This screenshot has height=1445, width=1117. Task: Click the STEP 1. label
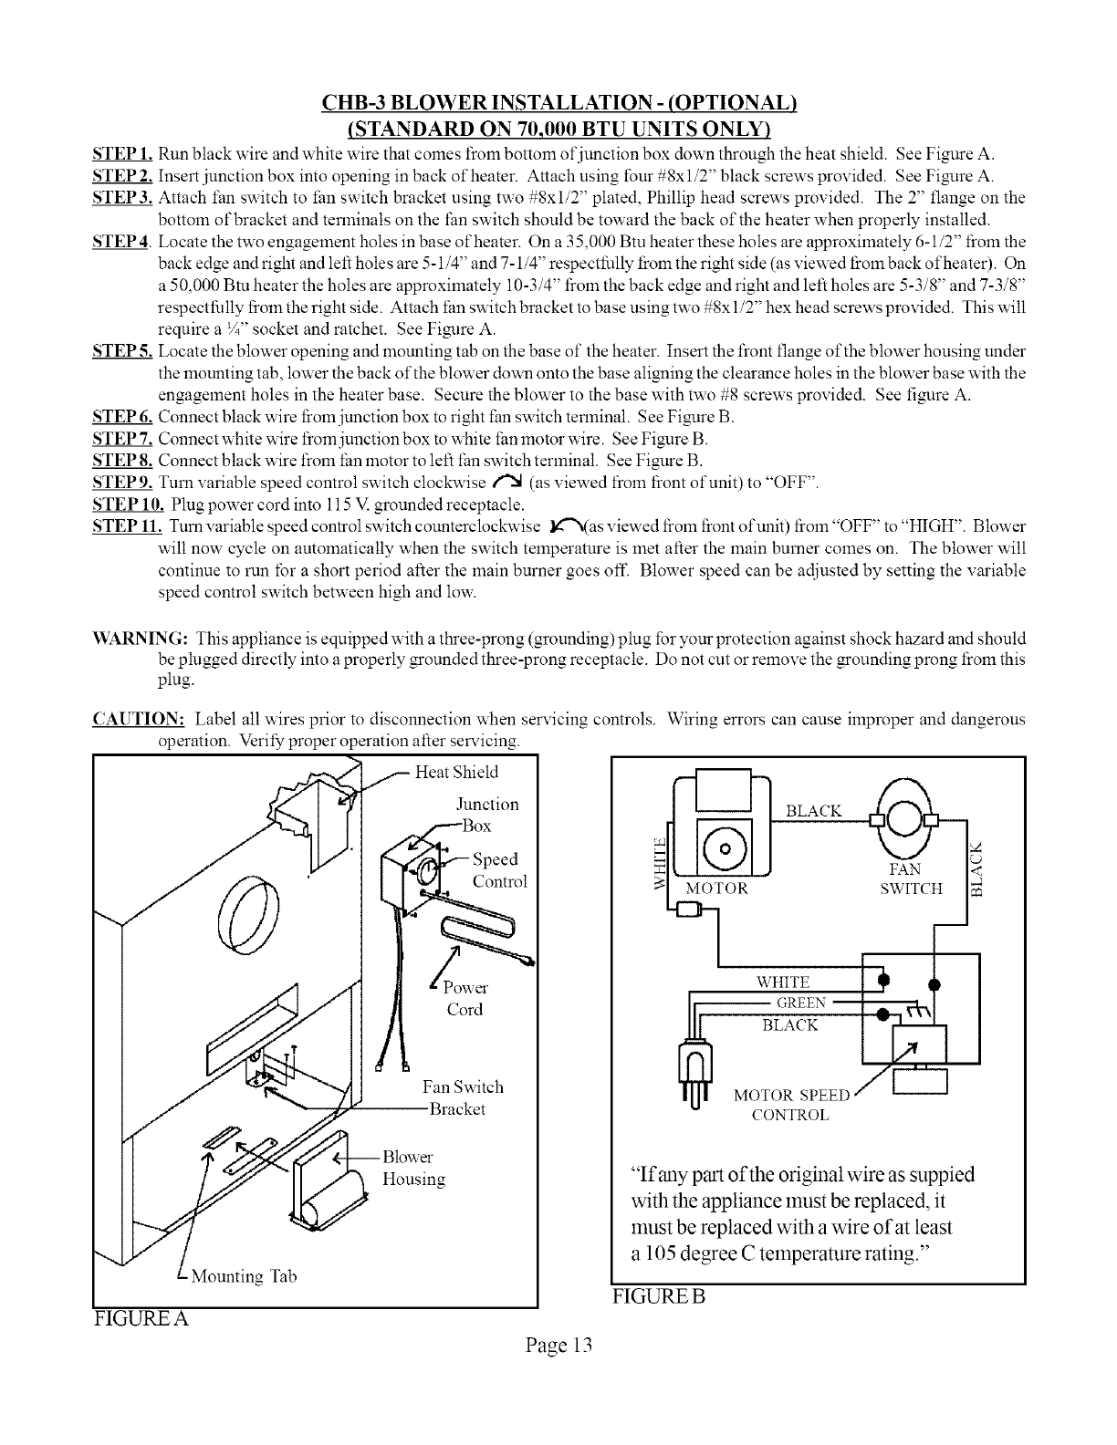[124, 151]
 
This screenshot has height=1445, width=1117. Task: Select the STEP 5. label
[124, 351]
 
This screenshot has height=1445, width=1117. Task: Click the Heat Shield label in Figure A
[456, 773]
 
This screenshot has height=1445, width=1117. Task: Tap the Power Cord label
[465, 999]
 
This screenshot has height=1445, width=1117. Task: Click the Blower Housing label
[413, 1169]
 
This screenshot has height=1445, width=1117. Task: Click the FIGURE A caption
[141, 1319]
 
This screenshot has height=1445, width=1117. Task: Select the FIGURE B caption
[660, 1296]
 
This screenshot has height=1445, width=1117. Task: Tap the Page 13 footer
[558, 1346]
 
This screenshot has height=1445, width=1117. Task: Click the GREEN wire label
[801, 1003]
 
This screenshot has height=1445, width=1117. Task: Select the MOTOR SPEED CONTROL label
[790, 1105]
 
